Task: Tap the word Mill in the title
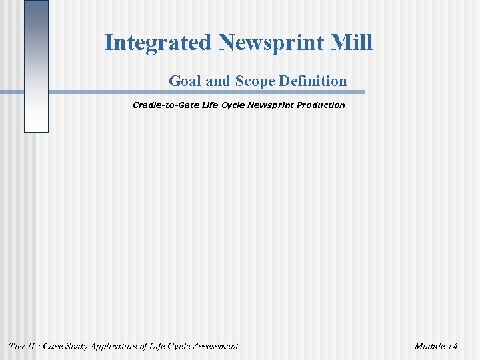click(353, 43)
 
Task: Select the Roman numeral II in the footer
click(33, 346)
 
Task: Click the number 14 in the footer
click(453, 346)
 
